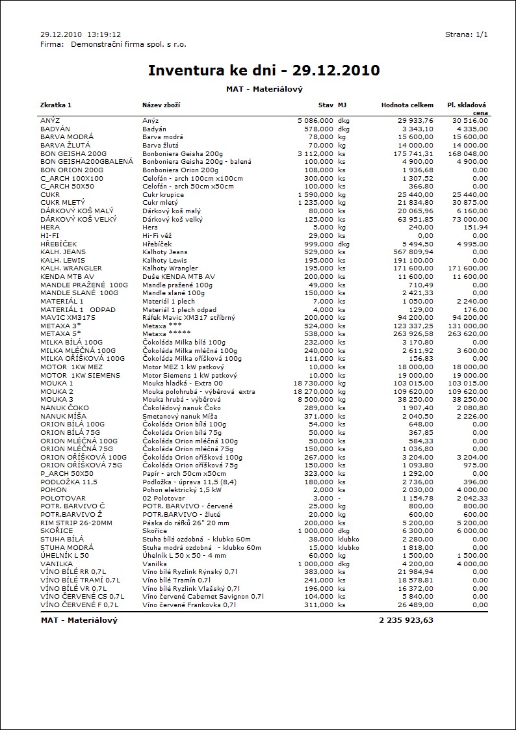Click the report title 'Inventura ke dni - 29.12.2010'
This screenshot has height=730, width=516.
(264, 70)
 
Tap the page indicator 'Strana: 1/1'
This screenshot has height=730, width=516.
(466, 34)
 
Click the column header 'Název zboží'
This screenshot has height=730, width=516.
(161, 105)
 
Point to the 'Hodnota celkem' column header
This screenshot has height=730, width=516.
(407, 105)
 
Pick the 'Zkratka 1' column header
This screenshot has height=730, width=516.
(56, 105)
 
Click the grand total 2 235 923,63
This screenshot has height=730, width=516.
(406, 620)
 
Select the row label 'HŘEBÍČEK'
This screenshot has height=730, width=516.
(58, 244)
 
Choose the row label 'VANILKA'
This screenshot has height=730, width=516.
(56, 564)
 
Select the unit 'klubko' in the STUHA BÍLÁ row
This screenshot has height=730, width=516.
(348, 539)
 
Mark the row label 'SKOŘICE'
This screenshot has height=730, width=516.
(57, 531)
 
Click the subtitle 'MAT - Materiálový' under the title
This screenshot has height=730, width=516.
(264, 88)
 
